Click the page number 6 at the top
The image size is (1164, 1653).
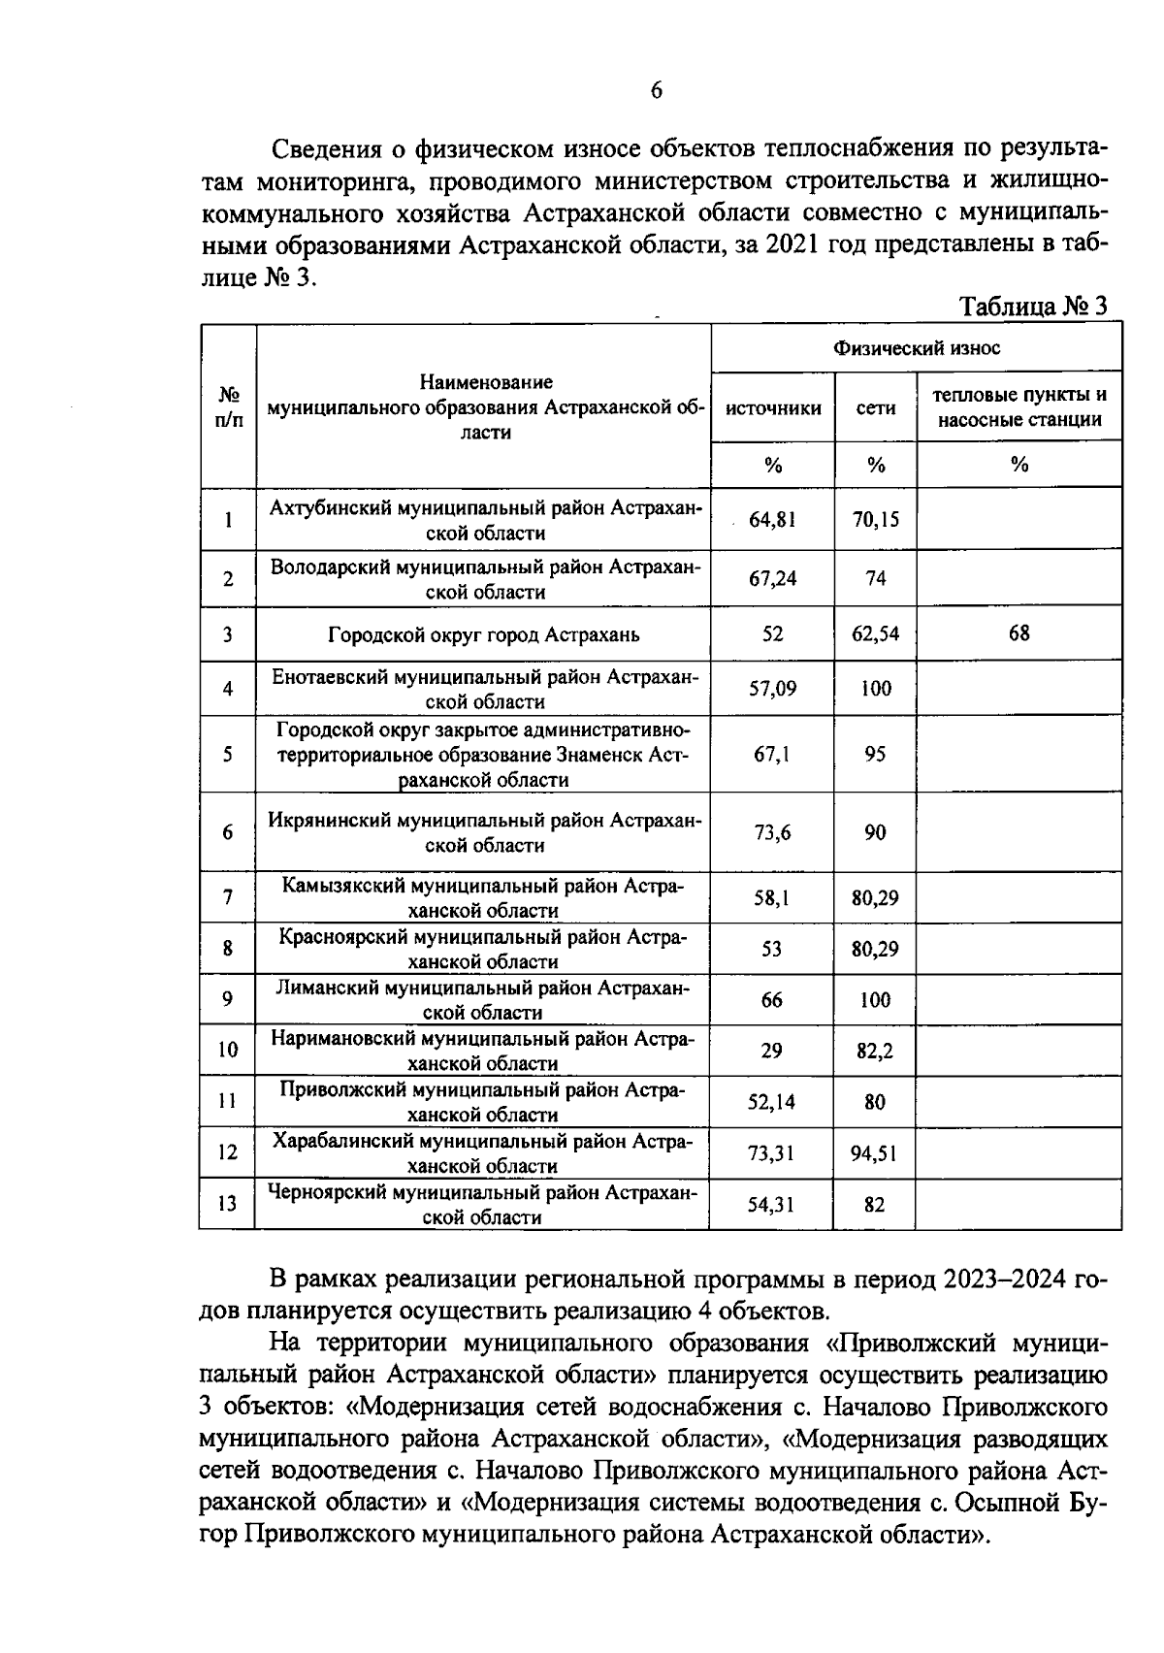[x=656, y=91]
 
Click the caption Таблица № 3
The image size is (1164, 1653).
[x=1032, y=307]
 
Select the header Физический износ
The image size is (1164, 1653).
[x=917, y=348]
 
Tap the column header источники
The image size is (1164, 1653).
[x=773, y=408]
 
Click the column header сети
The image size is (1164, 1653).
[x=876, y=408]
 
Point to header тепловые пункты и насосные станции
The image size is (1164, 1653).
[x=1018, y=407]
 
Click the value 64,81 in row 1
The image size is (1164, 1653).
[x=772, y=520]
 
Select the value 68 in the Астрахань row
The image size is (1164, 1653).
[x=1018, y=633]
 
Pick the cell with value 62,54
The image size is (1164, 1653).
[x=876, y=634]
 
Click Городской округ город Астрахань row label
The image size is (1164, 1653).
[x=483, y=635]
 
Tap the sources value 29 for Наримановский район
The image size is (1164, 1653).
[x=771, y=1051]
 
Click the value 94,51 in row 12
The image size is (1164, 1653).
[x=875, y=1153]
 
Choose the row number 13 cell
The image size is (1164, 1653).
[x=227, y=1204]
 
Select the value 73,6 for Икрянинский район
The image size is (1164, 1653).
[x=772, y=832]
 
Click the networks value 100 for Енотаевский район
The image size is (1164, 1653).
[x=876, y=690]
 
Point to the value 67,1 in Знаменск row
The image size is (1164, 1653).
[x=772, y=755]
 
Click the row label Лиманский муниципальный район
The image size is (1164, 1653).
[x=483, y=999]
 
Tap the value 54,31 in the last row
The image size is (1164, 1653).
[x=771, y=1205]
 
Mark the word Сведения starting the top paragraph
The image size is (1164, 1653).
[x=324, y=149]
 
